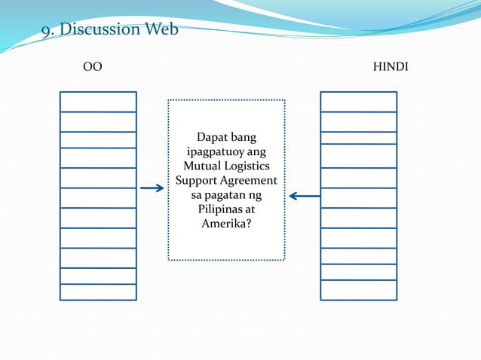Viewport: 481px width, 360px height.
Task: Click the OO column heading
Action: coord(92,67)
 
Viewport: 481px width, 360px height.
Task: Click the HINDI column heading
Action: coord(391,67)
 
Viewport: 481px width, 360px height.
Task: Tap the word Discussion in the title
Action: coord(100,30)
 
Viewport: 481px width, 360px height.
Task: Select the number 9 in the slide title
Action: coord(45,31)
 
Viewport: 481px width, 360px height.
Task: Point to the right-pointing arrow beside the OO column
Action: coord(152,188)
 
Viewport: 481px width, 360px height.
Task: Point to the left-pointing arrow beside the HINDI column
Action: coord(304,197)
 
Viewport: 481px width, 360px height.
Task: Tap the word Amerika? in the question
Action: coord(226,224)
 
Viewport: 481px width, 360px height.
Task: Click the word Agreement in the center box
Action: coord(248,181)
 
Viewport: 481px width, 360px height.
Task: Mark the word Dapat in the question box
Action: coord(213,138)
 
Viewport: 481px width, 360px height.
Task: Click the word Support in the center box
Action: coord(197,181)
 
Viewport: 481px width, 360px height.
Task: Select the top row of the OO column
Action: coord(98,102)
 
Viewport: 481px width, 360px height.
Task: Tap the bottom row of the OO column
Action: coord(98,291)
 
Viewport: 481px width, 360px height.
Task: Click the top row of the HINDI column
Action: coord(358,102)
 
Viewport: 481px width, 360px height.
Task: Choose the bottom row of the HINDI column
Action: coord(358,289)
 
